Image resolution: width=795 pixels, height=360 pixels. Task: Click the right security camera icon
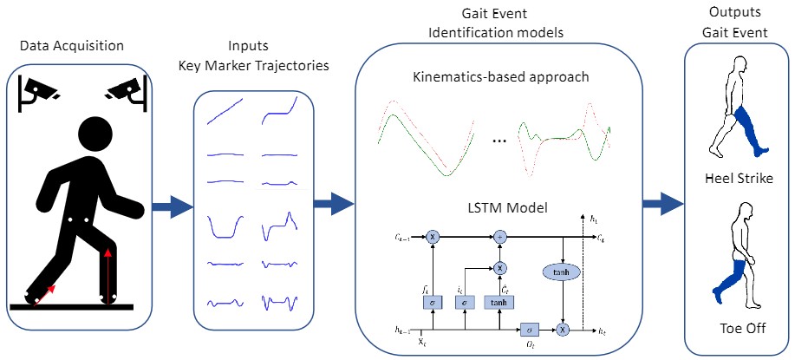[x=124, y=89]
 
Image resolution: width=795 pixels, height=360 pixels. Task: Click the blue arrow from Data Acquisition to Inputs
[x=171, y=206]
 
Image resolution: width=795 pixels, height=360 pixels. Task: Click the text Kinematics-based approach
[x=502, y=76]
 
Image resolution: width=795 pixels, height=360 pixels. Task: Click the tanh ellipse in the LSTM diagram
[x=564, y=272]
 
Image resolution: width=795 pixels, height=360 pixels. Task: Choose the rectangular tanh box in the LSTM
[x=499, y=302]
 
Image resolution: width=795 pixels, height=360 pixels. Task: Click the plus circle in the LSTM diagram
[x=499, y=235]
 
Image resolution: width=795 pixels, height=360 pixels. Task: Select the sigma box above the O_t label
[x=528, y=331]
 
